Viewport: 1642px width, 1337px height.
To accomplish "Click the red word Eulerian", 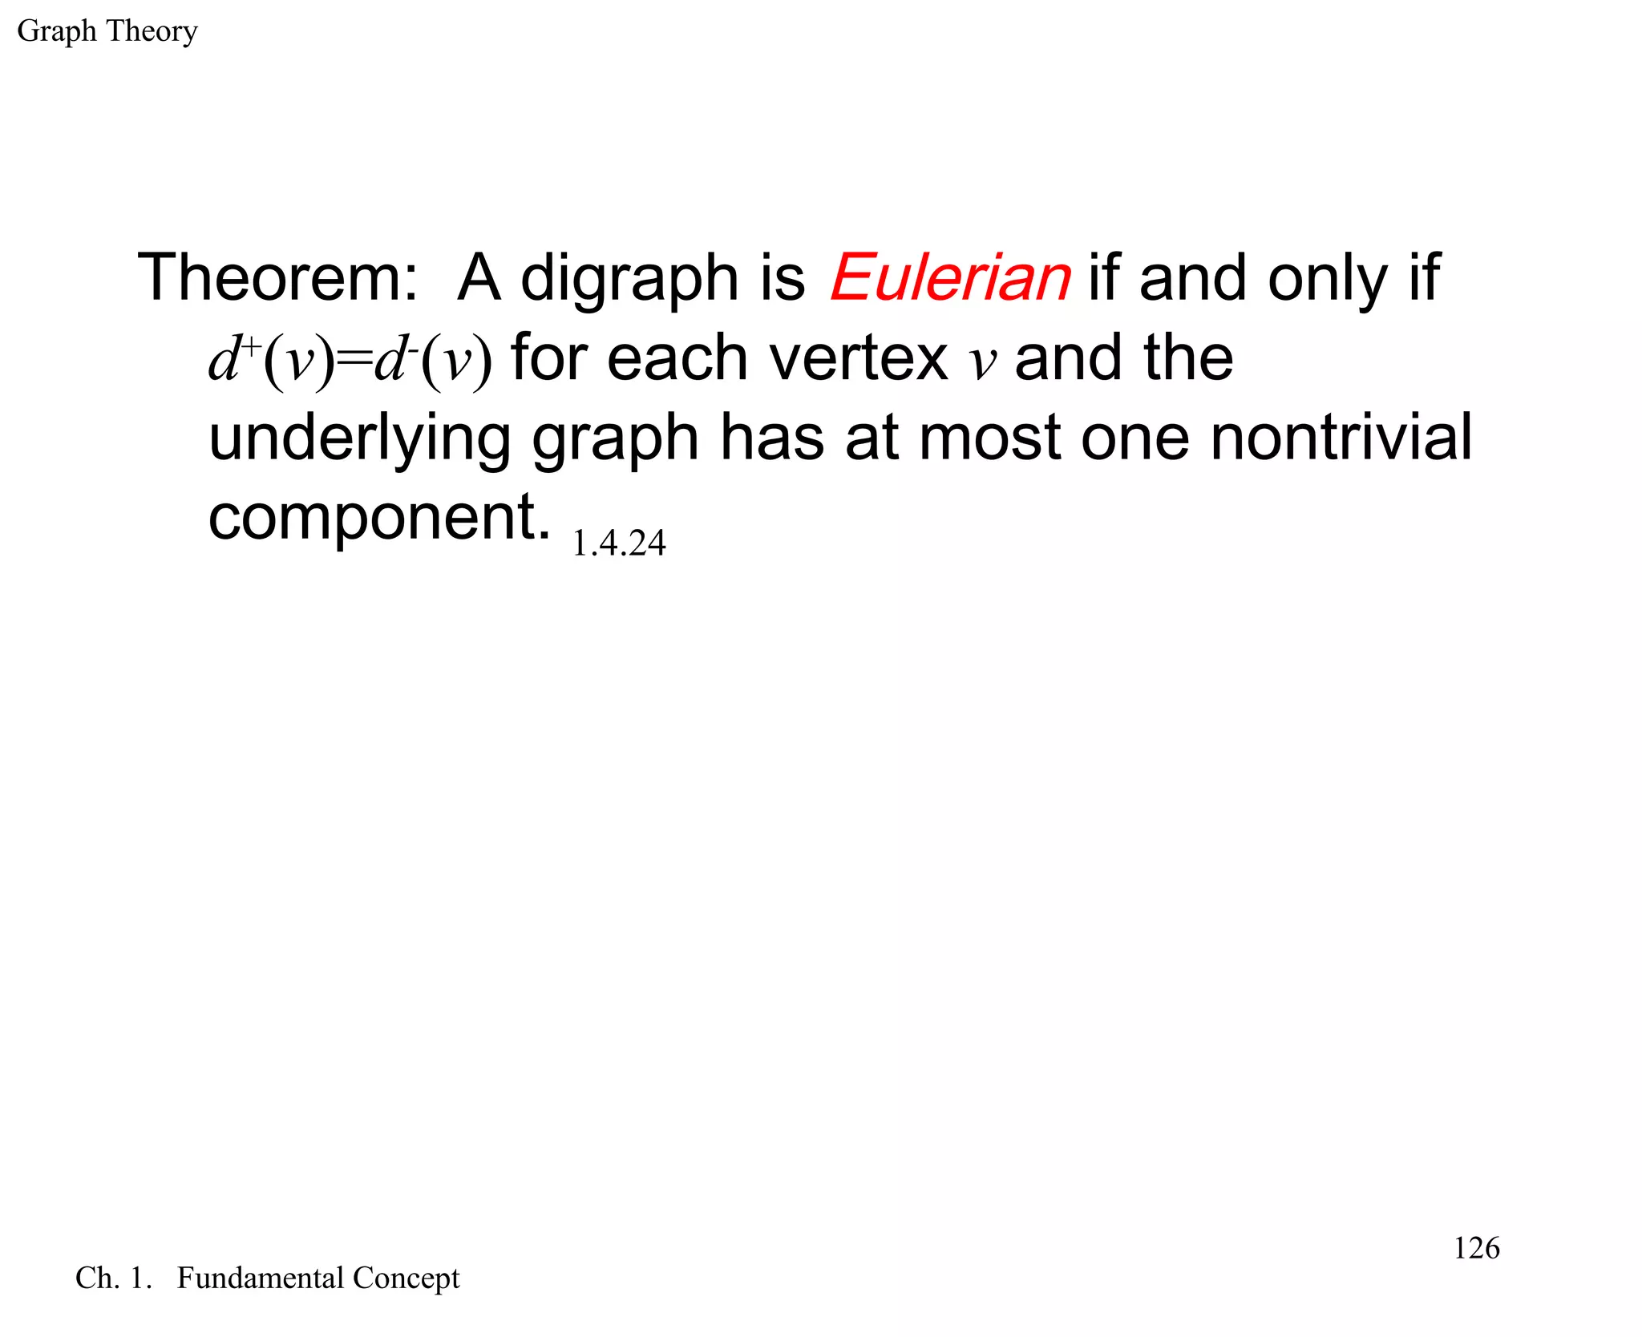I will [950, 278].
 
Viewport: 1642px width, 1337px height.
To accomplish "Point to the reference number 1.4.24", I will [618, 543].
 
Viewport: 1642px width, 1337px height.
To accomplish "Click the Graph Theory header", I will [107, 32].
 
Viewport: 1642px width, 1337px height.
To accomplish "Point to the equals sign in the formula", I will [355, 358].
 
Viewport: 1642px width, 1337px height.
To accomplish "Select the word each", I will [677, 358].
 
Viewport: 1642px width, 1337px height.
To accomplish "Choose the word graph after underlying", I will [615, 441].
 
